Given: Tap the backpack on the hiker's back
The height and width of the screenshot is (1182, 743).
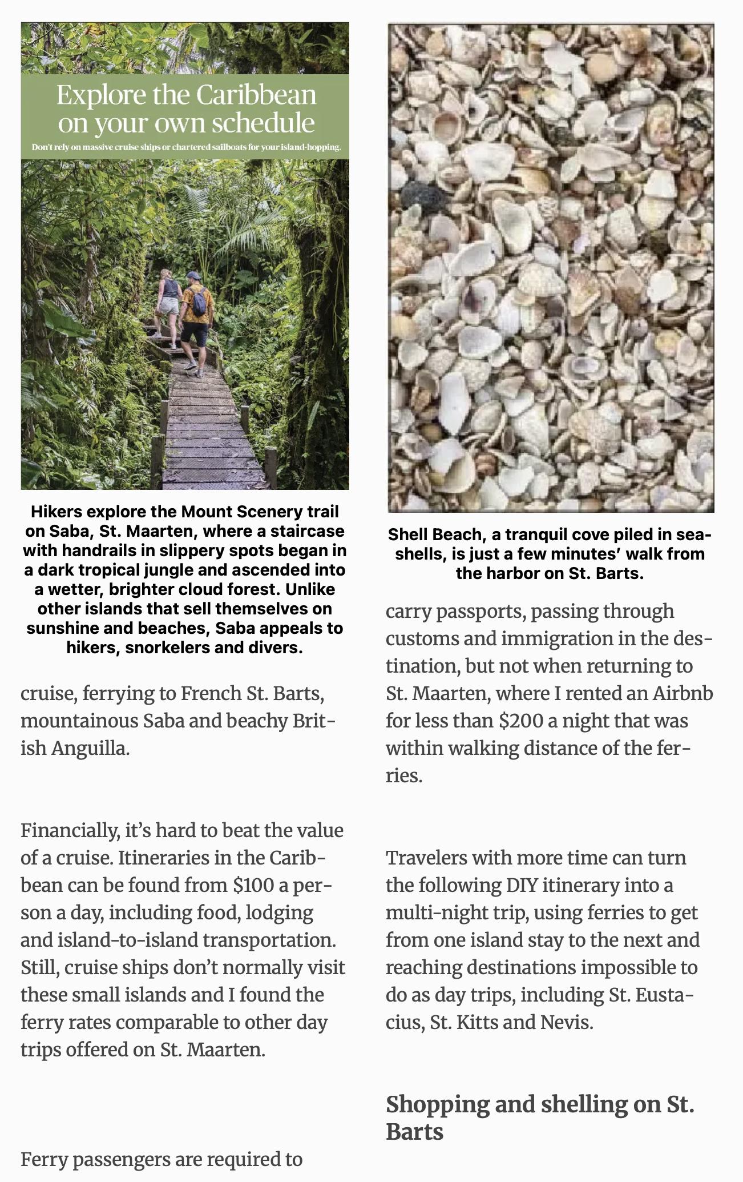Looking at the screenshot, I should click(x=198, y=301).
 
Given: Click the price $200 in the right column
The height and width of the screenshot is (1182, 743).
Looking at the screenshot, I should click(x=520, y=721).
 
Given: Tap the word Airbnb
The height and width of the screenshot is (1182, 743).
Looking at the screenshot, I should click(x=683, y=693).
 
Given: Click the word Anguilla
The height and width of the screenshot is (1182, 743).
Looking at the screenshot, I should click(x=91, y=748).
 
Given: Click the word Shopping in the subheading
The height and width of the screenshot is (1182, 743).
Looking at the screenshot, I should click(x=437, y=1104).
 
